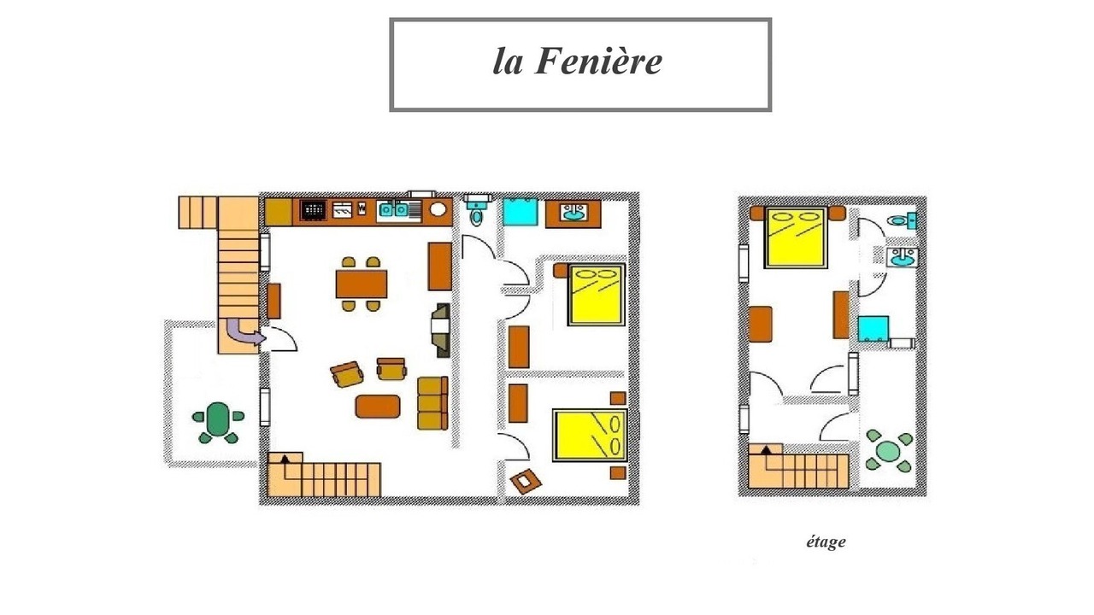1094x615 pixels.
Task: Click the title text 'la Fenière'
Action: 577,62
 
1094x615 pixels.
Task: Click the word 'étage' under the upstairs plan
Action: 826,542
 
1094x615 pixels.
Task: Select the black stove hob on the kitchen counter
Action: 313,211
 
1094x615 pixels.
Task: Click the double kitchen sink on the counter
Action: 394,210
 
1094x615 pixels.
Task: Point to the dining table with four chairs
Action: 362,284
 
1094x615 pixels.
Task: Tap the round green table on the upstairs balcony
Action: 888,452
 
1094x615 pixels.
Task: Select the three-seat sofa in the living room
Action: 432,403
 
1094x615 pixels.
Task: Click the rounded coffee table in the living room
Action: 378,407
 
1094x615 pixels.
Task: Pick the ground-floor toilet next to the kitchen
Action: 477,210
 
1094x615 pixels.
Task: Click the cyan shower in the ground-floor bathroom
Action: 521,212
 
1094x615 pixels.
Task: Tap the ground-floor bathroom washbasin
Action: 573,213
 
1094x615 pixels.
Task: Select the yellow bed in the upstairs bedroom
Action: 796,237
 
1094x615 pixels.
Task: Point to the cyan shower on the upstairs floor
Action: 873,329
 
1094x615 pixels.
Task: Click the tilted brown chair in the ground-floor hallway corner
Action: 526,481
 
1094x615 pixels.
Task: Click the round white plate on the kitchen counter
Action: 438,209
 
